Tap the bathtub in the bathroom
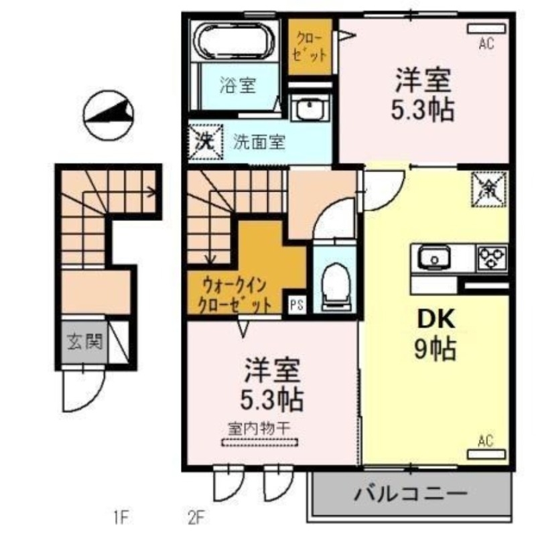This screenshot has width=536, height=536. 234,41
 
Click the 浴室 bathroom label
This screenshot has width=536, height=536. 239,85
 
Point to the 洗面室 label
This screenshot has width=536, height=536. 259,142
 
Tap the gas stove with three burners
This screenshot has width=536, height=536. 492,257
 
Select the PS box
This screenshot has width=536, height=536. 297,305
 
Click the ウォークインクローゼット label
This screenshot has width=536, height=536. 236,295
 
